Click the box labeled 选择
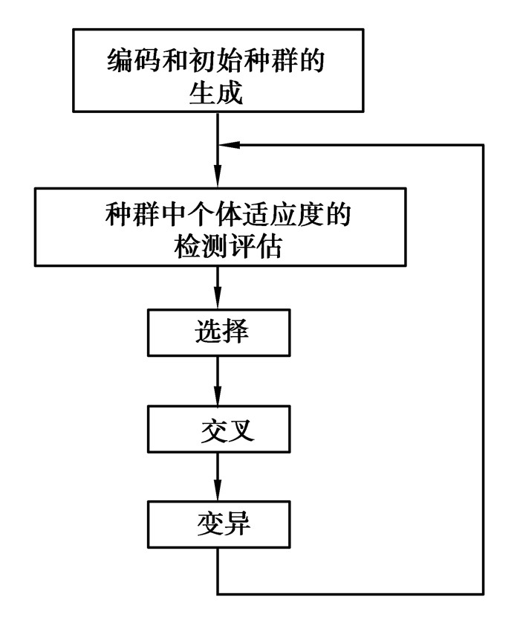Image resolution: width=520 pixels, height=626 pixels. (x=218, y=332)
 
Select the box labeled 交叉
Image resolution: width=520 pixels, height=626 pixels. (x=218, y=429)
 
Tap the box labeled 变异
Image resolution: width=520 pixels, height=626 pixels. (x=218, y=525)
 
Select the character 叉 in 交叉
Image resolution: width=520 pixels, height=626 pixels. (x=233, y=430)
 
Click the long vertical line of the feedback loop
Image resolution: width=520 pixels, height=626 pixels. (x=484, y=372)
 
